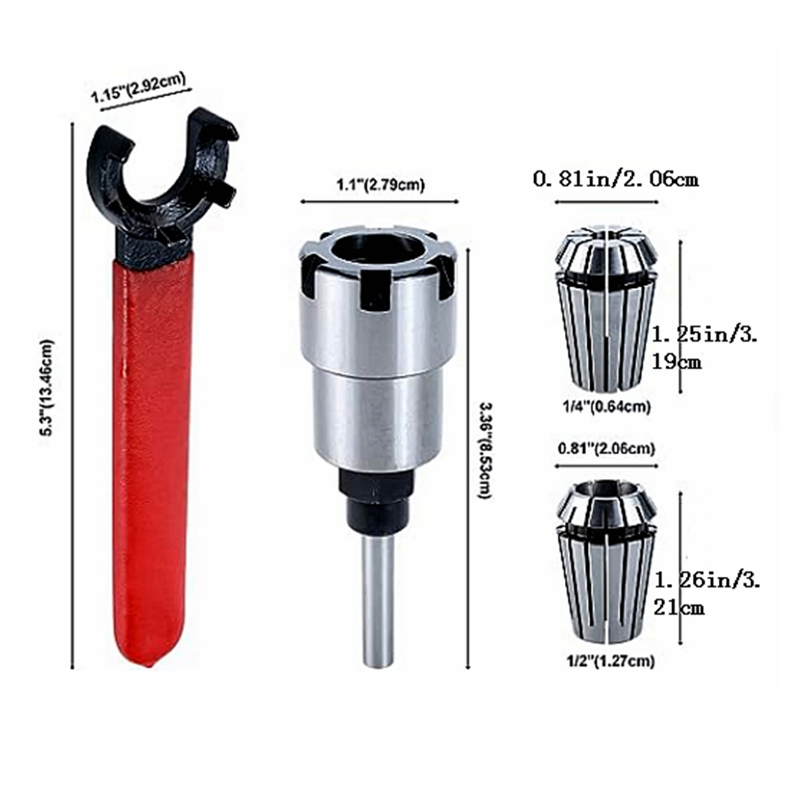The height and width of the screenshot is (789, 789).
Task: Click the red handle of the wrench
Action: tap(151, 453)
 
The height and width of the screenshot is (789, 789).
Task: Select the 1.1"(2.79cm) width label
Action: tap(380, 185)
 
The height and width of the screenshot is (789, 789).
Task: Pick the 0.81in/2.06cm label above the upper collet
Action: tap(616, 179)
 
